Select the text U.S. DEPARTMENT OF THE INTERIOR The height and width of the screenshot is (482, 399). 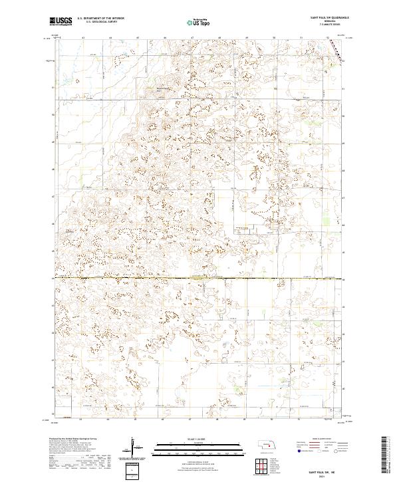(x=100, y=18)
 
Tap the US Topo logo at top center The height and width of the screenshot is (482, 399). (x=198, y=22)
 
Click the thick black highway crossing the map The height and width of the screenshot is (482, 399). (x=199, y=278)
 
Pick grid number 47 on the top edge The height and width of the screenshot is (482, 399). (x=191, y=39)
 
